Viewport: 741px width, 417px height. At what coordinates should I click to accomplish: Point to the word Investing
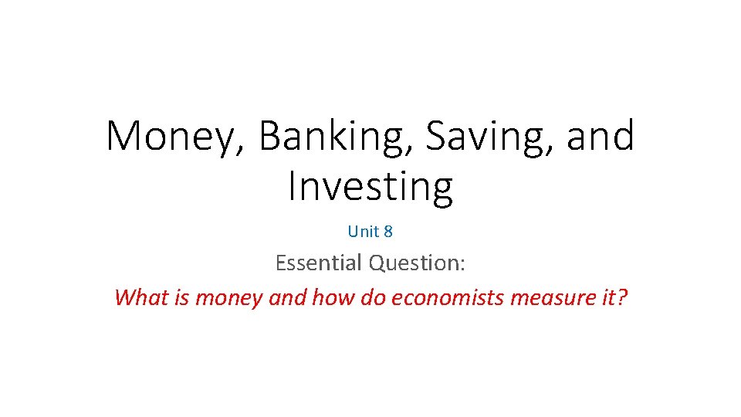tap(370, 186)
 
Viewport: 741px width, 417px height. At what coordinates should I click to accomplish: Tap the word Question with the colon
tap(417, 263)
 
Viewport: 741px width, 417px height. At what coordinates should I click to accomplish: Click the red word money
tap(228, 297)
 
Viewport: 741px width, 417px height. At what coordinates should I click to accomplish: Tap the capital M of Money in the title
tap(123, 137)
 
